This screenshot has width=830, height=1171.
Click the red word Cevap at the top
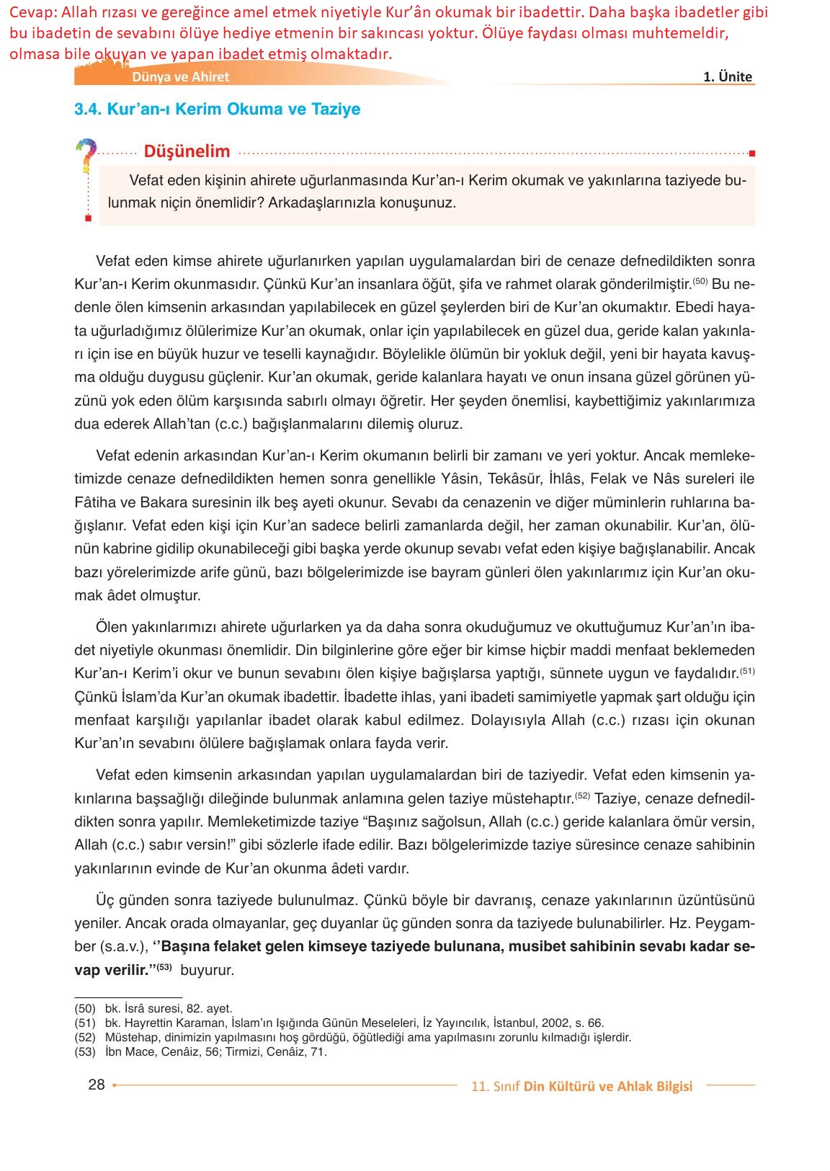coord(32,13)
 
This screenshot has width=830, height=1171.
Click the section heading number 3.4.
coord(88,110)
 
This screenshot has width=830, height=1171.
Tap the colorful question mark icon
coord(86,154)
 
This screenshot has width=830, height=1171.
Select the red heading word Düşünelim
coord(187,151)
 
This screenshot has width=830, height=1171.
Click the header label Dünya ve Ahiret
coord(180,77)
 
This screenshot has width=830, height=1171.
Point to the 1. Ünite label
coord(727,77)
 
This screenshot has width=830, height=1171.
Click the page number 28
coord(97,1085)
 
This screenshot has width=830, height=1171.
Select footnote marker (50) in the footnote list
coord(85,1009)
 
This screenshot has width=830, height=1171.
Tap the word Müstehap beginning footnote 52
coord(132,1038)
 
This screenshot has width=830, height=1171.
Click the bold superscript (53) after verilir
coord(165,967)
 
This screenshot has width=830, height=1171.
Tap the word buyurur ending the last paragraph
coord(207,971)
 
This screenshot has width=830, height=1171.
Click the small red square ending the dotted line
coord(751,153)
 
